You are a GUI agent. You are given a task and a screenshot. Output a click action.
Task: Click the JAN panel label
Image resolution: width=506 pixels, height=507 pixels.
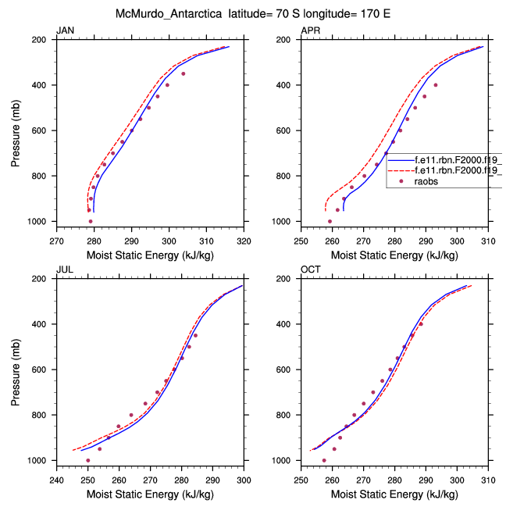[63, 30]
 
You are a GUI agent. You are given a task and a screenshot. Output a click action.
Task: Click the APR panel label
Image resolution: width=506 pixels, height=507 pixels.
[309, 30]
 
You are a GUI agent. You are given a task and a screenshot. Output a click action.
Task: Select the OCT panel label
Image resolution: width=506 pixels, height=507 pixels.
[309, 270]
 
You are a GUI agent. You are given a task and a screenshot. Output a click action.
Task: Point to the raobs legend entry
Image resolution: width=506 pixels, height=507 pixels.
[426, 180]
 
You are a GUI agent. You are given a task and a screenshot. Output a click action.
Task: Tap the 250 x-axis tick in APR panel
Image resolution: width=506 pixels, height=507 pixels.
[301, 241]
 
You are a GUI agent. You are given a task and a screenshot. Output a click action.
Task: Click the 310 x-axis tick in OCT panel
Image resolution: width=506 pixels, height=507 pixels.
[488, 480]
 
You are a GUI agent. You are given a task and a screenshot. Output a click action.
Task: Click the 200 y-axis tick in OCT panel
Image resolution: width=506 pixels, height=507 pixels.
[288, 279]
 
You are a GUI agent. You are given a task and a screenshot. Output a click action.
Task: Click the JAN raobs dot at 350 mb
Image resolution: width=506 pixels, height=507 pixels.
[184, 73]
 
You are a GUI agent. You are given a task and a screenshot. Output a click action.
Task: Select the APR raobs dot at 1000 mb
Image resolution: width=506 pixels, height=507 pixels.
[329, 221]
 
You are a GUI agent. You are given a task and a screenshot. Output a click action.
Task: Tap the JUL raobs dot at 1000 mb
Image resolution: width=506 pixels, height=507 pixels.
[87, 460]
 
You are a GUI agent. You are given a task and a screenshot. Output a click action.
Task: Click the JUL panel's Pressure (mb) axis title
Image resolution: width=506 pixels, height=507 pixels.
[16, 370]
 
